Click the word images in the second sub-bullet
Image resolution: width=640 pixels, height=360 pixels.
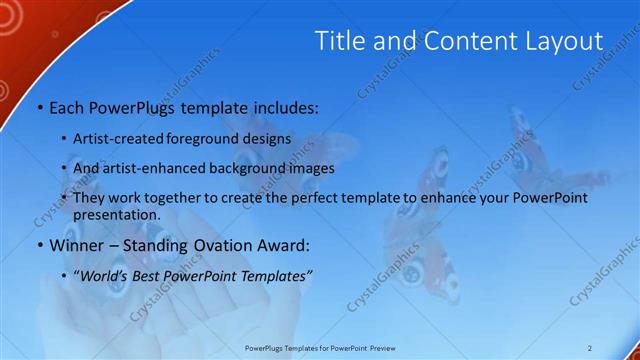(x=311, y=168)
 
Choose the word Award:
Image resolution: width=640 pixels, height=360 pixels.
(x=285, y=245)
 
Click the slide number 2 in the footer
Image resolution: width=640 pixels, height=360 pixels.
(x=590, y=347)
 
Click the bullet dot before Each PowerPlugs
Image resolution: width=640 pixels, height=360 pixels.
(x=39, y=106)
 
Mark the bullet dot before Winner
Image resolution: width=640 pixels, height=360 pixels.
(x=39, y=246)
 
